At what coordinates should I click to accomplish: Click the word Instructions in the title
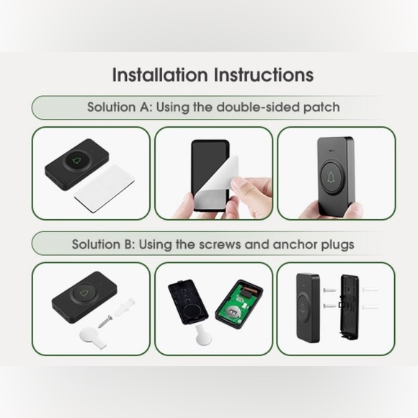(x=262, y=74)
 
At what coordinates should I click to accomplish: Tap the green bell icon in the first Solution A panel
(x=77, y=161)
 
